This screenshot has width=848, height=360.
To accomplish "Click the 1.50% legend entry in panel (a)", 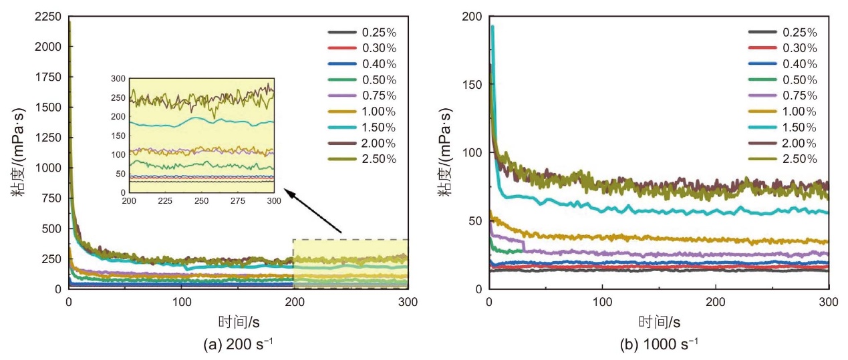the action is [x=362, y=128].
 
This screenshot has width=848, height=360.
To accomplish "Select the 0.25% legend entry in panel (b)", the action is [x=783, y=33].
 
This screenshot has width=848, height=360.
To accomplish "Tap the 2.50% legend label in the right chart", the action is [x=799, y=159].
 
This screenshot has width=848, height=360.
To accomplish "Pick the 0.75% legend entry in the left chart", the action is [x=362, y=96].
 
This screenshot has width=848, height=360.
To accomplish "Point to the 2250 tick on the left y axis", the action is [x=47, y=17].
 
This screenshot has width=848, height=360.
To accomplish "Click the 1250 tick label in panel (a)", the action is [x=47, y=138].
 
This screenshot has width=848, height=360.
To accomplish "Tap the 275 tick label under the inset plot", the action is [x=238, y=201].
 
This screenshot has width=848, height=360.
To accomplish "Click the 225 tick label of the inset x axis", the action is [x=165, y=201].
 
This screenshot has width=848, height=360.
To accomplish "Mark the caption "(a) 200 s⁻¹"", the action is [x=238, y=345].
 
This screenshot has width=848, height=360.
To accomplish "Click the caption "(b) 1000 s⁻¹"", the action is [x=659, y=345].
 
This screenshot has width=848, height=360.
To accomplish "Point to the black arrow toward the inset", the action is [x=313, y=211].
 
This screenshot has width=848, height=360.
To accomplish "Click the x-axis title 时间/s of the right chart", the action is [x=659, y=322].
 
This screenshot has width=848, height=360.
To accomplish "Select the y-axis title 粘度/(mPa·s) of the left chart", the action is [x=17, y=152].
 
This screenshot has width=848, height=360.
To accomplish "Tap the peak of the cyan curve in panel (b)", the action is [x=492, y=26].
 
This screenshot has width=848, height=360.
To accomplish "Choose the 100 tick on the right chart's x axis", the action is [x=602, y=302].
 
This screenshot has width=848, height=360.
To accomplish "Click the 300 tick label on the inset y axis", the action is [x=118, y=79].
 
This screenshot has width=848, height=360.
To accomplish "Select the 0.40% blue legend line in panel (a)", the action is [x=342, y=64].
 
